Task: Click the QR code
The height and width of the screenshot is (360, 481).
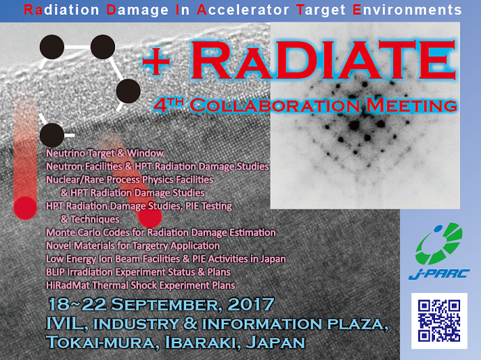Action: (x=439, y=321)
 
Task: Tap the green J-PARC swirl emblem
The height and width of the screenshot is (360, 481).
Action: (x=439, y=243)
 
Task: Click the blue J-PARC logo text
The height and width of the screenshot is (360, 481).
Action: (x=439, y=273)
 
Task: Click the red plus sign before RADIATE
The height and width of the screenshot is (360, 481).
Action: (x=156, y=61)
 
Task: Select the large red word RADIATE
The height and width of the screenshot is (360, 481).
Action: (x=323, y=61)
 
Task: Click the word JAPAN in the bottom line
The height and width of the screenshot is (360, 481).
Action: (x=275, y=342)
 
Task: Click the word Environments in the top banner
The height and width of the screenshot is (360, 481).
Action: (x=407, y=10)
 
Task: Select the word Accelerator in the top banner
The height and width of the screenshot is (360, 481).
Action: (x=243, y=10)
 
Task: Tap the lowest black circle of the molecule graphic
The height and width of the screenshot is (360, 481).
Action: (x=52, y=135)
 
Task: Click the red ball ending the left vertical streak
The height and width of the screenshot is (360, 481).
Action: (x=25, y=208)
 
